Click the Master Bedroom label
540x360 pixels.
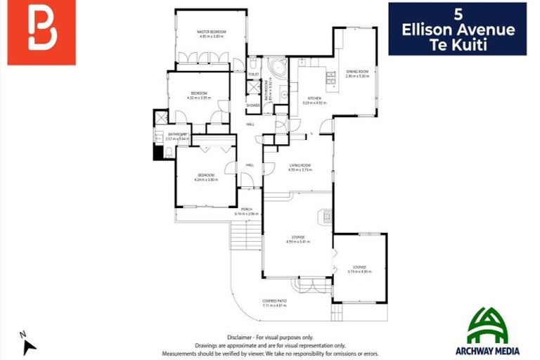[210, 32]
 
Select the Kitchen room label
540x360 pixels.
[314, 98]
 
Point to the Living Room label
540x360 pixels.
[300, 166]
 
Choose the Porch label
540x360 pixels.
[247, 210]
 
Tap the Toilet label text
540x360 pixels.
[253, 74]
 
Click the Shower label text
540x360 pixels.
[253, 105]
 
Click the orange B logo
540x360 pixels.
[41, 33]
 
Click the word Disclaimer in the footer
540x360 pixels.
[240, 337]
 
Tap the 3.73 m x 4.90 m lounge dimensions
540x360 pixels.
[359, 271]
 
